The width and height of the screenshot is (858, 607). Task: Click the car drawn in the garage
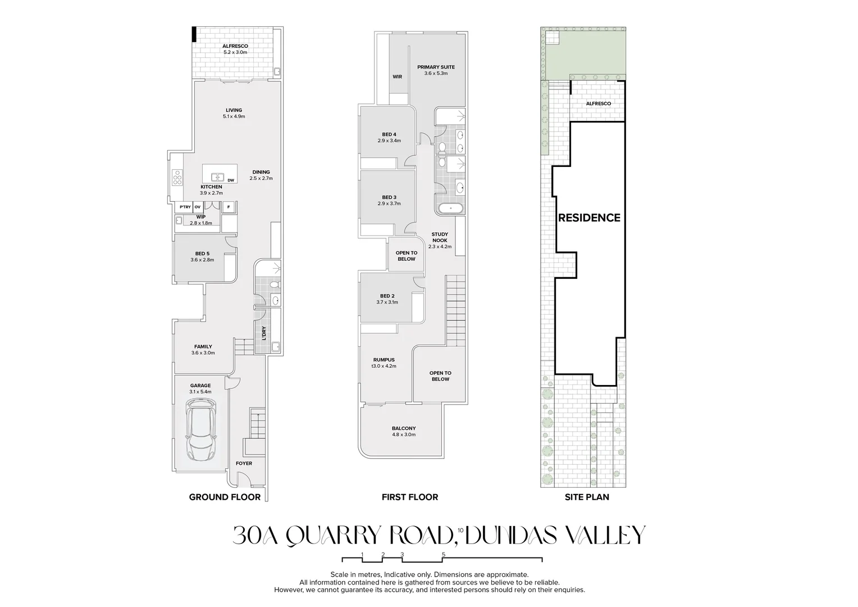click(200, 429)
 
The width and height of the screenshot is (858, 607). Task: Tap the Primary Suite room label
click(436, 67)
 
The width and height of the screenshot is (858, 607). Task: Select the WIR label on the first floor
click(397, 76)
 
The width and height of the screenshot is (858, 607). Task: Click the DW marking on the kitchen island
click(231, 180)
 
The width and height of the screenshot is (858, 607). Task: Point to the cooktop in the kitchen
click(177, 178)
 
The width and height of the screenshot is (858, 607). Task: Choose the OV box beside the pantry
click(197, 207)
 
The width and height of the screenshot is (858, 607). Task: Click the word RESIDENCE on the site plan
click(589, 218)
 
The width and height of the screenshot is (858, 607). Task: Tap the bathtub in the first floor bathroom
click(450, 208)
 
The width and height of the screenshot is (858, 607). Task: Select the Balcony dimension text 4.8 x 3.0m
click(404, 434)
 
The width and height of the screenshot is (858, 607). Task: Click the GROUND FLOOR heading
click(225, 497)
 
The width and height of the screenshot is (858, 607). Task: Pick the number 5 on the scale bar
click(444, 554)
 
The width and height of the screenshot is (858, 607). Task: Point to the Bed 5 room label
click(202, 253)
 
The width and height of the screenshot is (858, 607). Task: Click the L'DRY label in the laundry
click(264, 333)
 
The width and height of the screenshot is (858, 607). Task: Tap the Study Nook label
click(440, 237)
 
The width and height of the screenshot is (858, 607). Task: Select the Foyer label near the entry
click(244, 463)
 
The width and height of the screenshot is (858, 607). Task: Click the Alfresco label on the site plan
click(599, 103)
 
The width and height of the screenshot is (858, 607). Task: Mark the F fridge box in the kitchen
click(229, 207)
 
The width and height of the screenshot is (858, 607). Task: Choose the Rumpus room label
click(384, 360)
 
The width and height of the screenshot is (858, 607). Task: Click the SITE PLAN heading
click(587, 497)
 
